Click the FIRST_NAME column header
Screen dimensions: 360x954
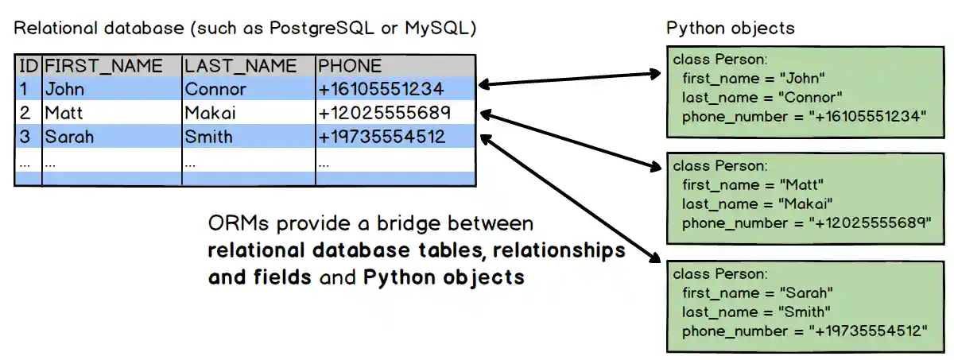click(103, 66)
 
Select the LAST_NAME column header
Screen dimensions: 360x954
click(241, 66)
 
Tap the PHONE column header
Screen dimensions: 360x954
click(351, 66)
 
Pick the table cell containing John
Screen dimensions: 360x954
click(64, 89)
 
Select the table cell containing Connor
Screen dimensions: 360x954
click(215, 89)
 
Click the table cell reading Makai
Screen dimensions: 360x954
click(210, 113)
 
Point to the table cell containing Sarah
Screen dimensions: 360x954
click(69, 137)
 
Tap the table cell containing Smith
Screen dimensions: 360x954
click(208, 137)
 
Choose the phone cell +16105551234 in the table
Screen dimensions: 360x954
click(381, 89)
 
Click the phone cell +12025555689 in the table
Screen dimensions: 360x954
click(384, 113)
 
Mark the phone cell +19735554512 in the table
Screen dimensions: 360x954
click(382, 137)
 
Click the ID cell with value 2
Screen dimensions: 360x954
click(25, 113)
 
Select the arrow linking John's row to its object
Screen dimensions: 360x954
click(569, 78)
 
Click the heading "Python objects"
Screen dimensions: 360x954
click(730, 29)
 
